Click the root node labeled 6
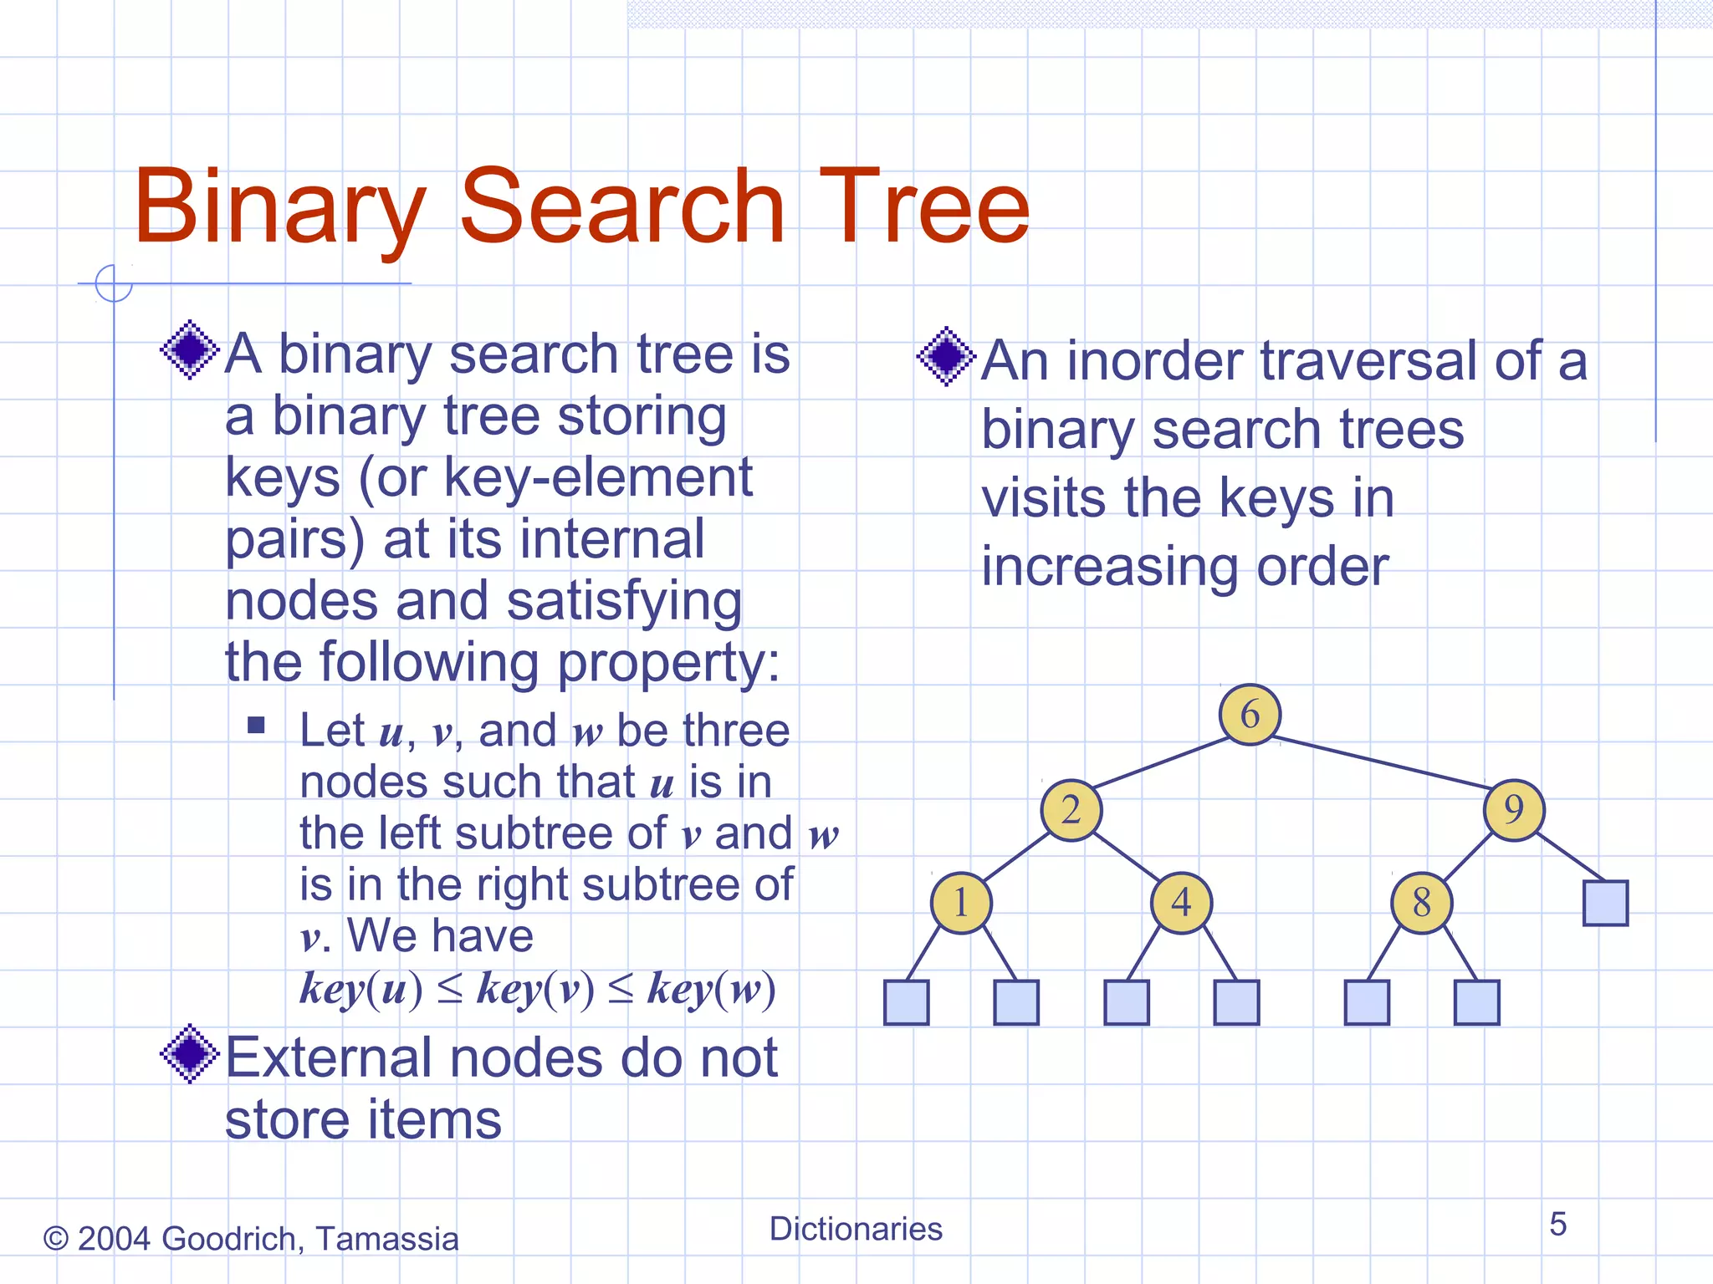[1250, 715]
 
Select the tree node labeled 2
[1071, 810]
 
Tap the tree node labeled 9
[1514, 810]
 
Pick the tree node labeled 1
[961, 903]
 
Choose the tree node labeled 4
[1181, 903]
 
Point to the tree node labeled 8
[1422, 903]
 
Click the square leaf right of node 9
[1605, 903]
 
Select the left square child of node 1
[907, 1002]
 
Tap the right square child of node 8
[1477, 1002]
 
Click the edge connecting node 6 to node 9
[1384, 762]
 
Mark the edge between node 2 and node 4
[1126, 856]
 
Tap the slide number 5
[1557, 1225]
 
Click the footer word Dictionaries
[856, 1229]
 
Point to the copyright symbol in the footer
[55, 1239]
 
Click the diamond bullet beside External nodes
[190, 1054]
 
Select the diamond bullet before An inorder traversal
[946, 357]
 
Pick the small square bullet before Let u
[256, 725]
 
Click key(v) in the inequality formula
[535, 989]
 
